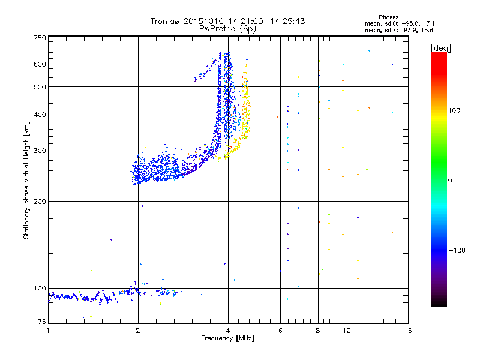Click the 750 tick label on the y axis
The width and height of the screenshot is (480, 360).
pyautogui.click(x=40, y=38)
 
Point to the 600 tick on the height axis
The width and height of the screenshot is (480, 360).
pyautogui.click(x=40, y=64)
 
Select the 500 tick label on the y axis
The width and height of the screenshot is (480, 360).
pyautogui.click(x=40, y=86)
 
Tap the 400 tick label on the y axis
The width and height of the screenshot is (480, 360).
pyautogui.click(x=40, y=115)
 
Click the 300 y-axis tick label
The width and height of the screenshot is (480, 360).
pyautogui.click(x=40, y=151)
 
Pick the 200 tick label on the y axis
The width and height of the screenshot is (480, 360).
pyautogui.click(x=40, y=201)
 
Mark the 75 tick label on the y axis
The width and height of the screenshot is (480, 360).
pyautogui.click(x=41, y=322)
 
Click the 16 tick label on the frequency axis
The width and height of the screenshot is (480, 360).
pyautogui.click(x=407, y=331)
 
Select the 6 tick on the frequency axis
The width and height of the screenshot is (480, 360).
pyautogui.click(x=280, y=331)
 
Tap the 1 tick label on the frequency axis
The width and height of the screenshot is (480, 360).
pyautogui.click(x=48, y=331)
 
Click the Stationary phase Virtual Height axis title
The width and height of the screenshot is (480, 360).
pyautogui.click(x=26, y=180)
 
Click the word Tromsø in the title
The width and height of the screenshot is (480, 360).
pyautogui.click(x=165, y=21)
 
